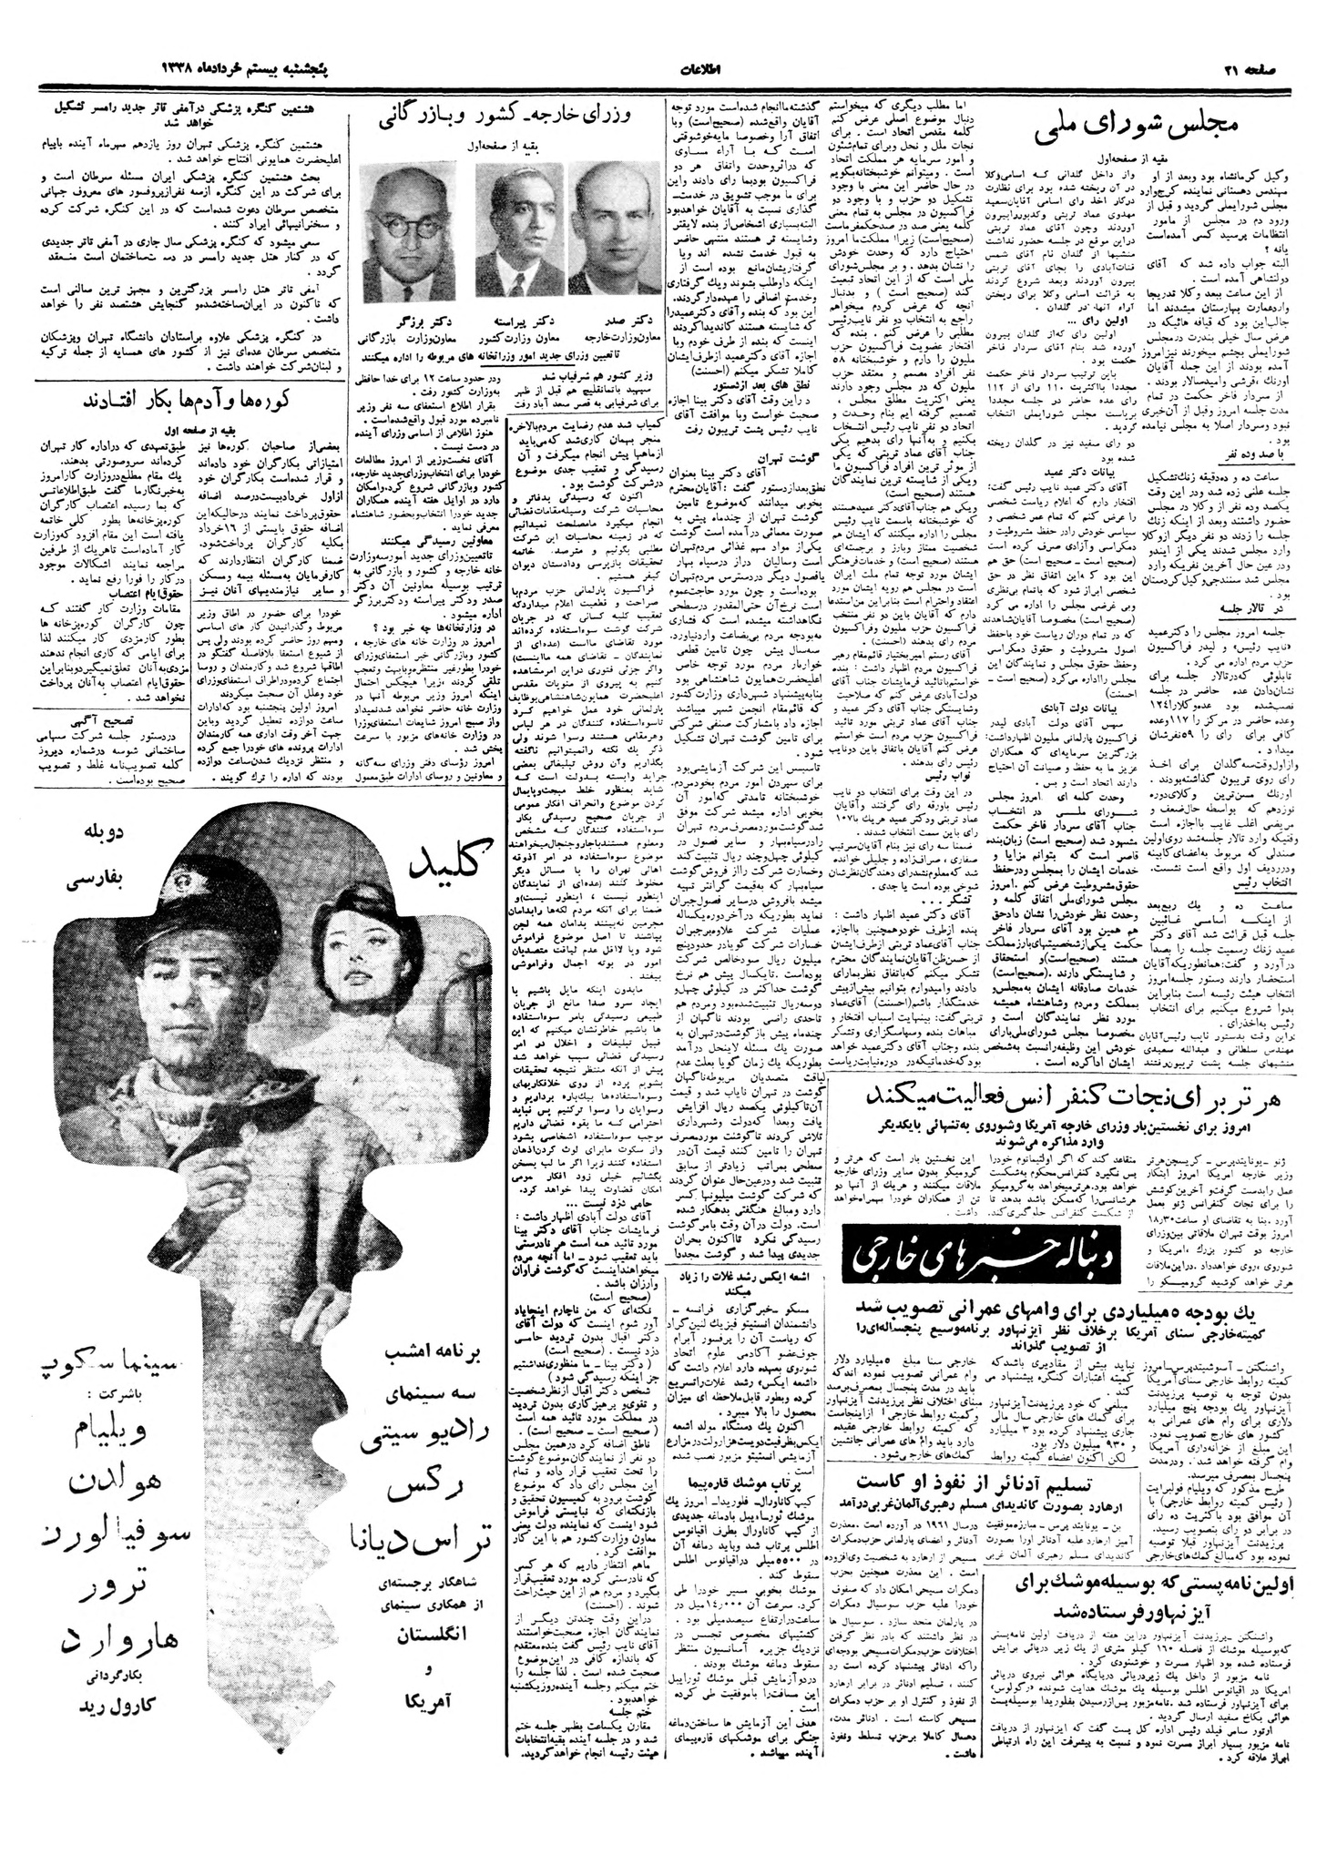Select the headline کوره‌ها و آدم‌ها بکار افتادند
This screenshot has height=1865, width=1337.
pos(188,400)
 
